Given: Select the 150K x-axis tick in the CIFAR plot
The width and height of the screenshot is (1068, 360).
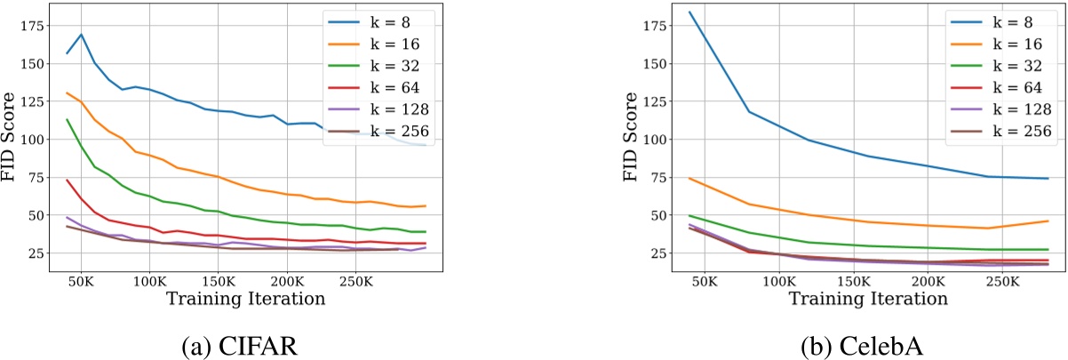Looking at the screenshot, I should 217,279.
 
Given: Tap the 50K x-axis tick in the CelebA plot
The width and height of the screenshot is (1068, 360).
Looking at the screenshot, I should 704,279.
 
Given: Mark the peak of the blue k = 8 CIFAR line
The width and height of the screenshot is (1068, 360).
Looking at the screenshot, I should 82,35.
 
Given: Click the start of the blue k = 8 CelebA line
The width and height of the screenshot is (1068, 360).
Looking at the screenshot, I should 689,12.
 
